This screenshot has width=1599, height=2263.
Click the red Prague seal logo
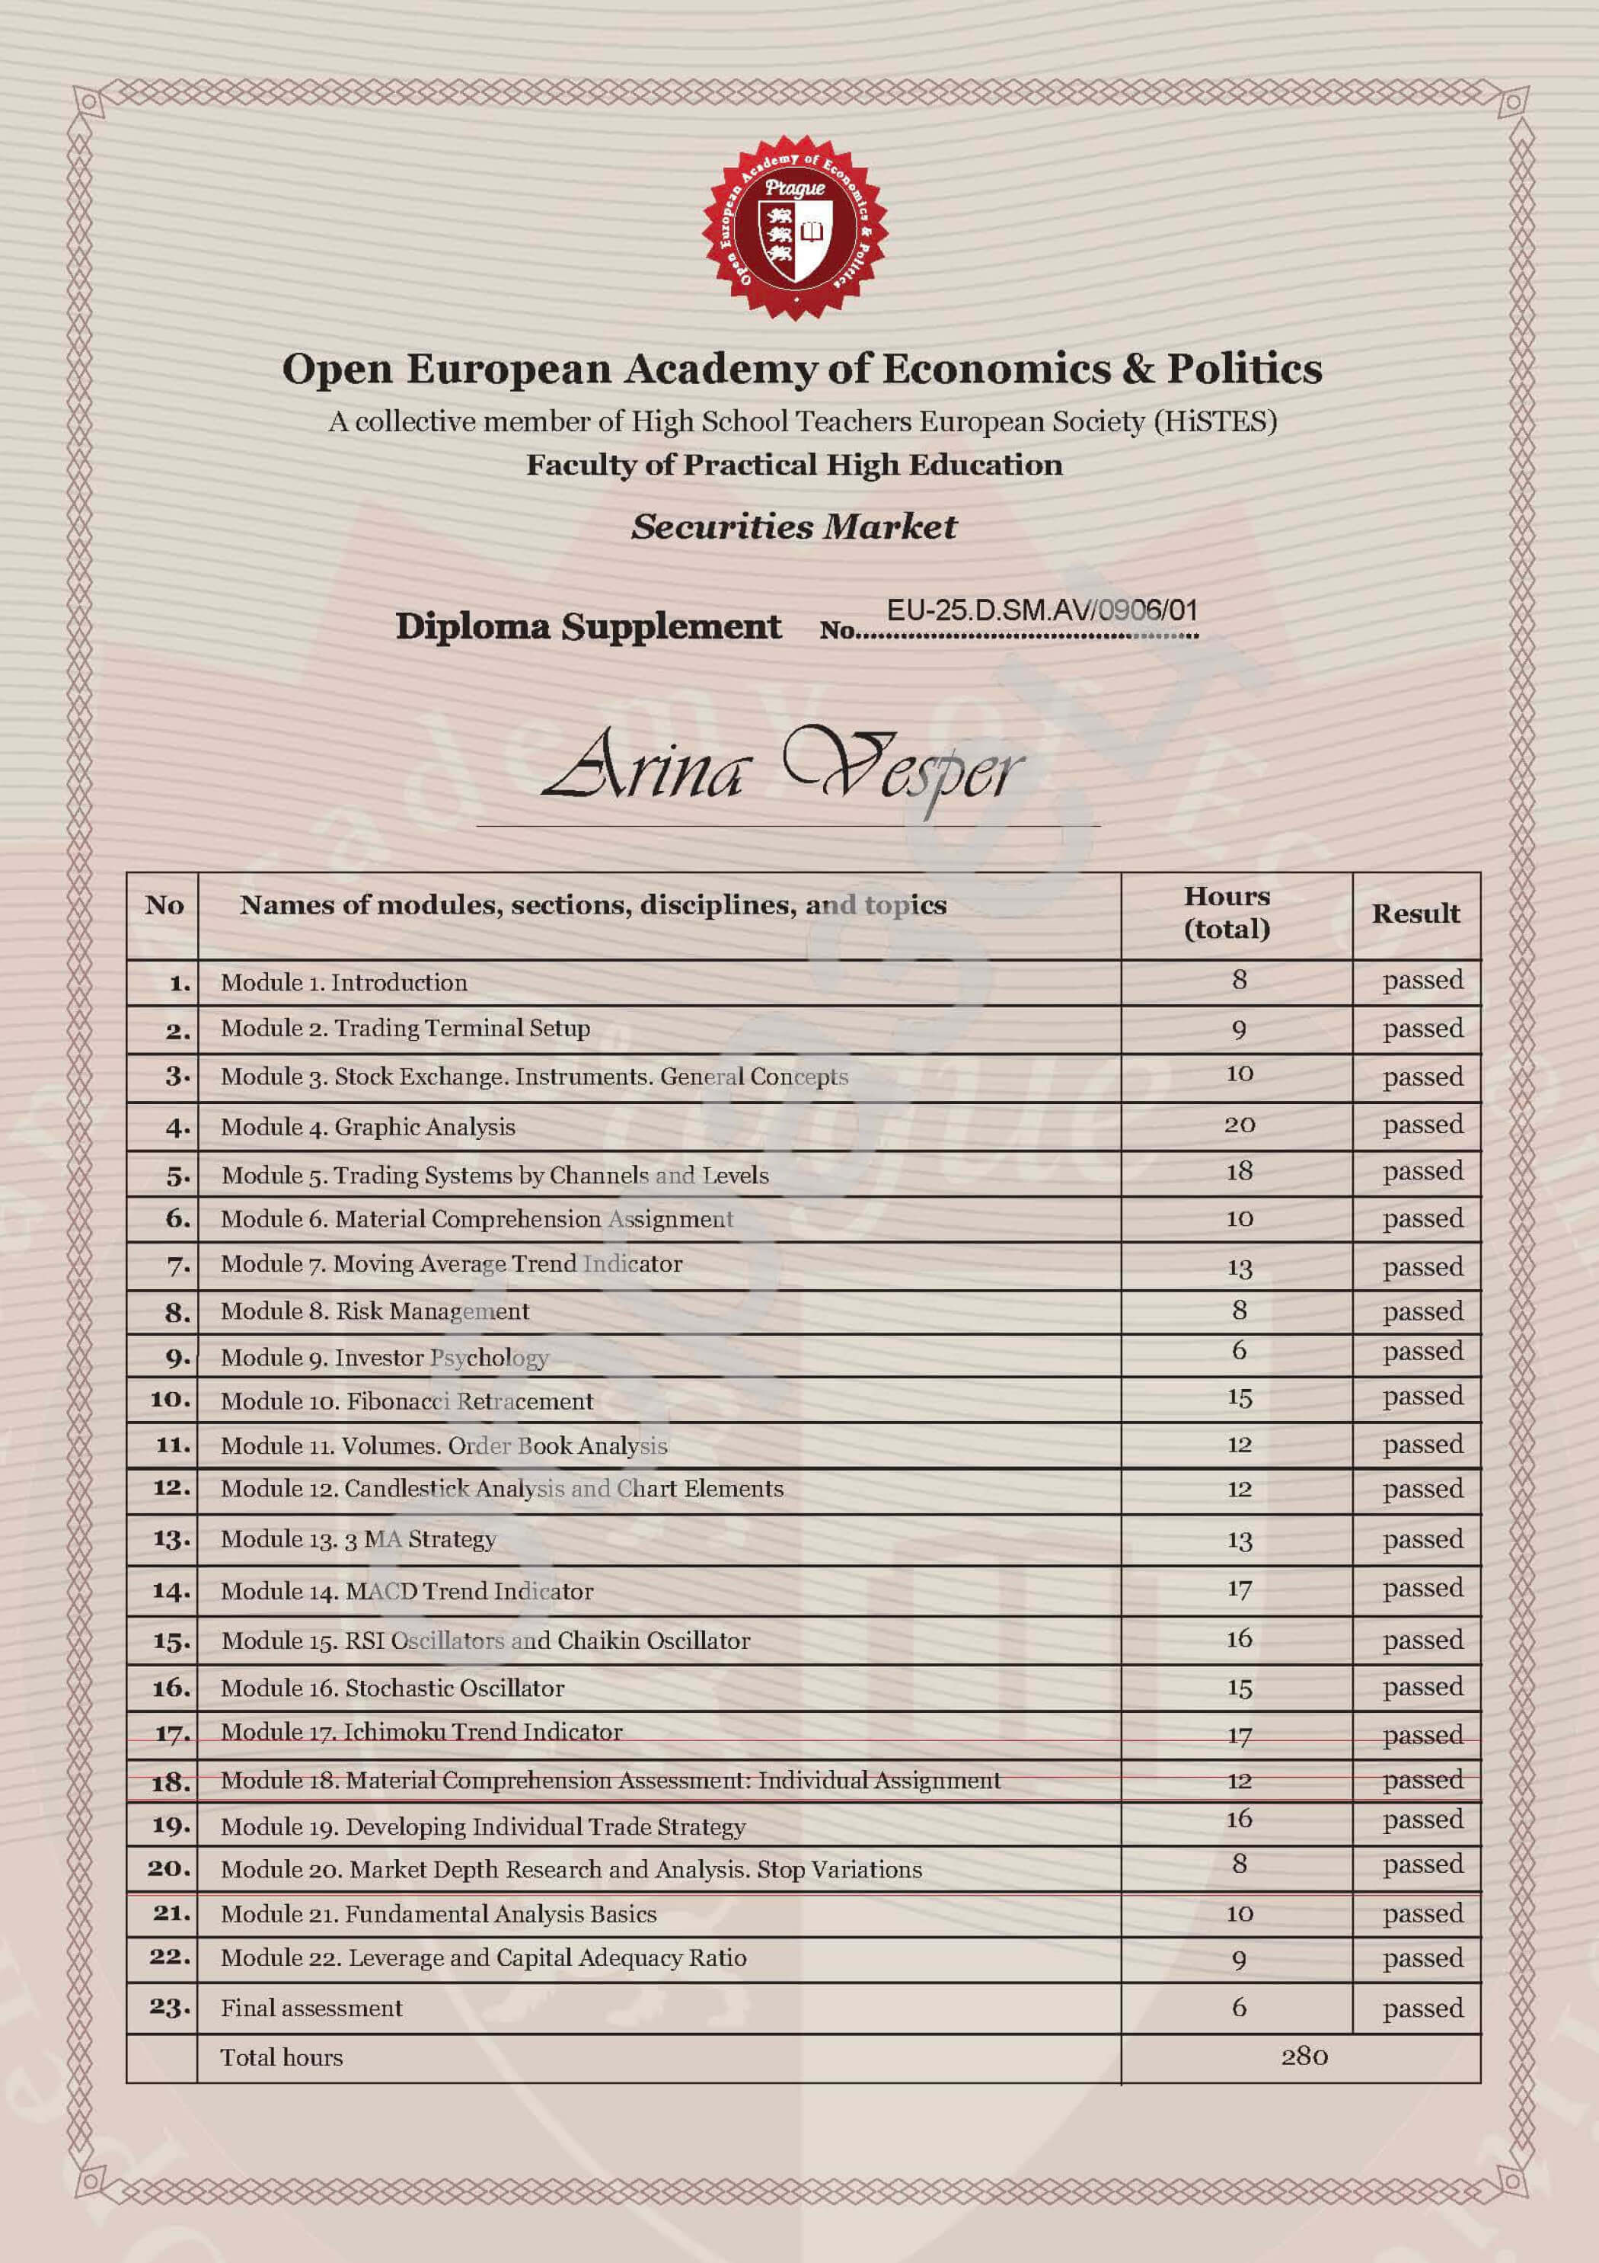click(795, 228)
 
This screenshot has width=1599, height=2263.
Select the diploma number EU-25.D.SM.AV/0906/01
click(1042, 610)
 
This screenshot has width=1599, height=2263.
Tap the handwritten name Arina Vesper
click(784, 769)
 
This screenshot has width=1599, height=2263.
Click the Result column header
click(1415, 914)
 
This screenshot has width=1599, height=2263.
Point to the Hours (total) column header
click(1227, 913)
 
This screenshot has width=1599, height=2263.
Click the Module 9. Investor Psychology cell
click(385, 1357)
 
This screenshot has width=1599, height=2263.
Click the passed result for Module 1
click(1422, 981)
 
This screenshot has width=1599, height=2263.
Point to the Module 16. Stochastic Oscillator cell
click(392, 1688)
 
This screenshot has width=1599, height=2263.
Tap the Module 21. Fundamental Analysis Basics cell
click(439, 1914)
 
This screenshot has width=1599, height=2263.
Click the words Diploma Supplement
click(588, 627)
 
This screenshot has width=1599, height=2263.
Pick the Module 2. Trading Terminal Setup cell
click(405, 1028)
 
